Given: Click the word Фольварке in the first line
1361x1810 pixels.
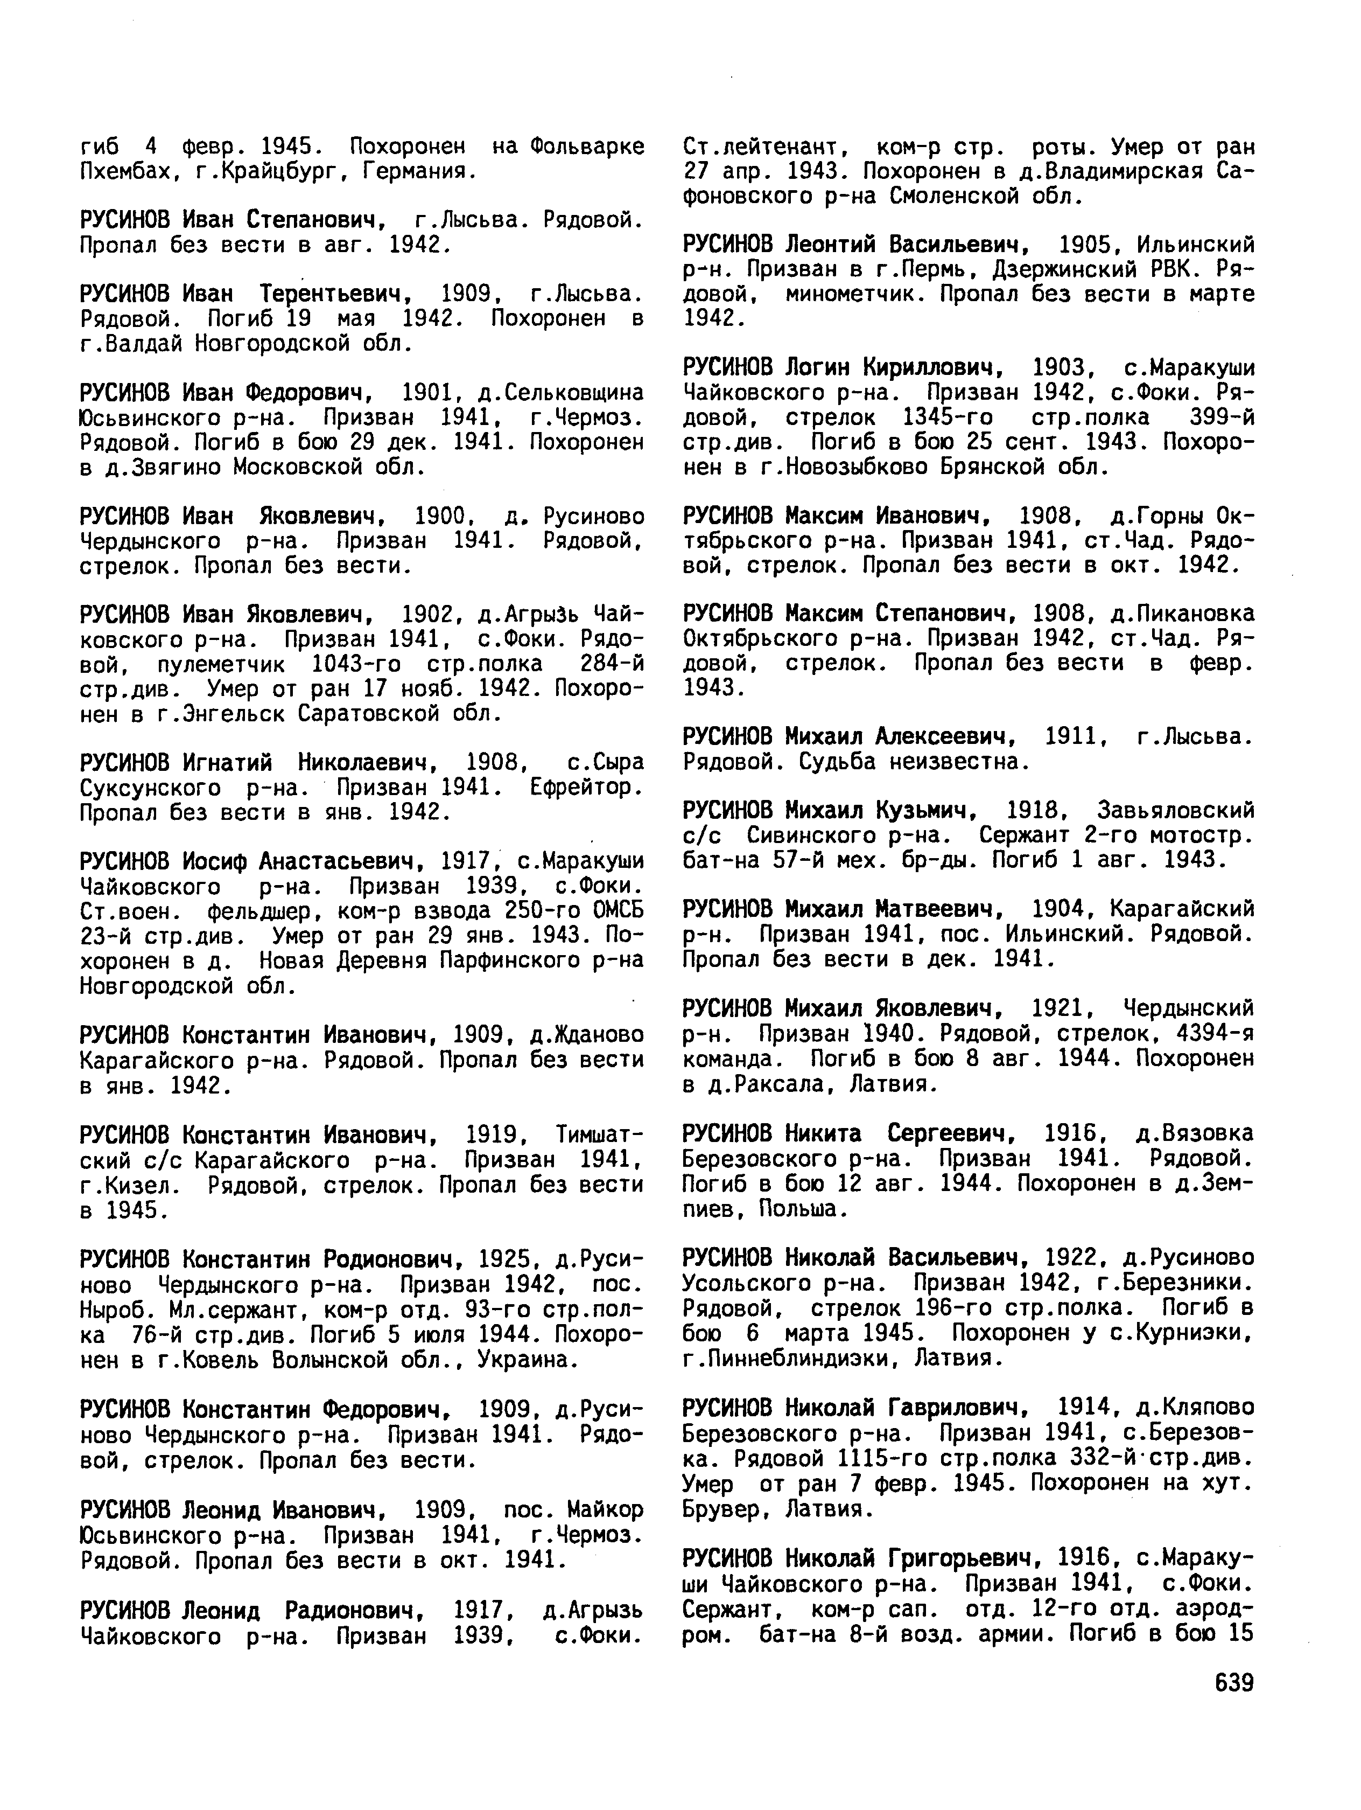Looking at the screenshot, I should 586,147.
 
